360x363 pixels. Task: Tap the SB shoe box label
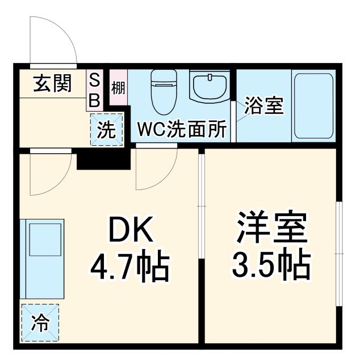[x=95, y=90]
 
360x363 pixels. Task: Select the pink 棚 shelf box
[x=118, y=88]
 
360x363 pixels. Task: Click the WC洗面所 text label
[x=182, y=130]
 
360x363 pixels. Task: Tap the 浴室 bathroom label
[x=264, y=106]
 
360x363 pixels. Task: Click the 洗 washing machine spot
[x=106, y=130]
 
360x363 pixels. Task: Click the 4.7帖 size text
[x=130, y=265]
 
